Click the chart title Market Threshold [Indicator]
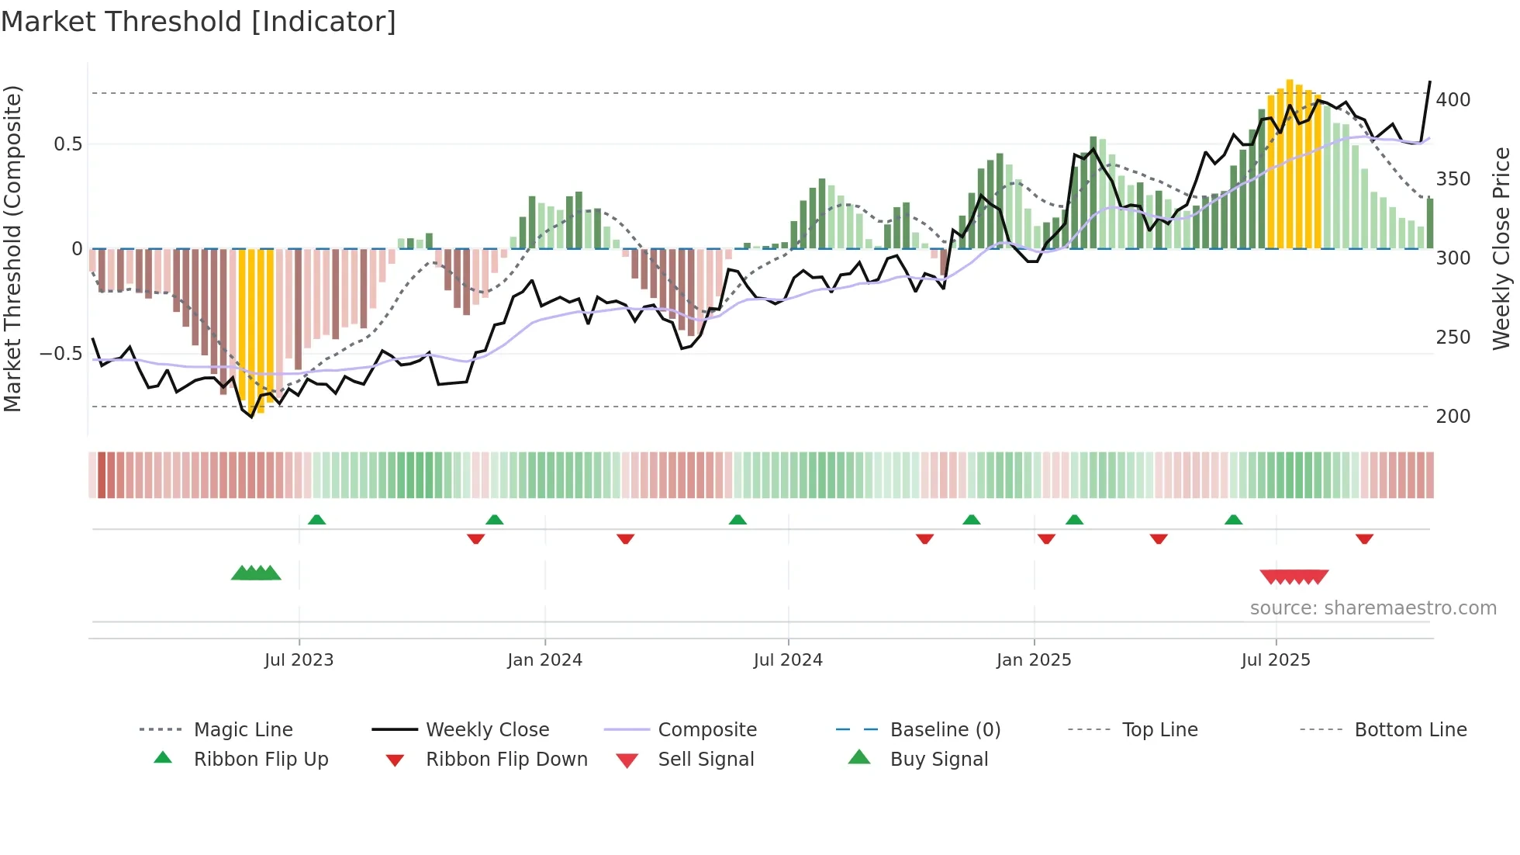[199, 22]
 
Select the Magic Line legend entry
[243, 729]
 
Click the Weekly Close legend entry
[487, 729]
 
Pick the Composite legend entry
[706, 729]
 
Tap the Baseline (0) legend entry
[945, 729]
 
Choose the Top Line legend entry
[1159, 729]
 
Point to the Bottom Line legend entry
[1410, 729]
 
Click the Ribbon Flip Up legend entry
[261, 759]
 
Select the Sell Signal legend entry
[705, 759]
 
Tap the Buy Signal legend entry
[938, 759]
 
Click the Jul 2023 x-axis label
[299, 660]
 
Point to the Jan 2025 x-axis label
[1034, 660]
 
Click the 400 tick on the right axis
[1453, 100]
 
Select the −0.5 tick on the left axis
[61, 354]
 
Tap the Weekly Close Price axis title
[1502, 248]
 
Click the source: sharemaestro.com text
[1373, 608]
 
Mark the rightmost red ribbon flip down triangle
[1364, 538]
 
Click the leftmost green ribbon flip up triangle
[316, 520]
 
